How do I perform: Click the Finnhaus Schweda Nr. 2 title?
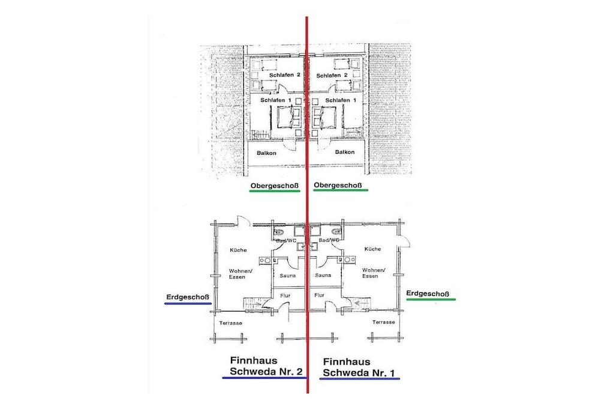pyautogui.click(x=266, y=366)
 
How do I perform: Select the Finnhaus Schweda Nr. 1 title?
pyautogui.click(x=359, y=367)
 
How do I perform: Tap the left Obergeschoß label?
pyautogui.click(x=275, y=186)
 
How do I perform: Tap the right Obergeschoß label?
pyautogui.click(x=338, y=185)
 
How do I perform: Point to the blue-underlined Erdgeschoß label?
pyautogui.click(x=188, y=298)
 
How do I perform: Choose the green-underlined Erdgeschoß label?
pyautogui.click(x=428, y=294)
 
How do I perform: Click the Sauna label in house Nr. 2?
pyautogui.click(x=288, y=276)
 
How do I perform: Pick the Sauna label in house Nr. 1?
pyautogui.click(x=323, y=275)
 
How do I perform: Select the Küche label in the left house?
pyautogui.click(x=239, y=250)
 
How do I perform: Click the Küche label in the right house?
pyautogui.click(x=372, y=249)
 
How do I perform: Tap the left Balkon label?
pyautogui.click(x=266, y=153)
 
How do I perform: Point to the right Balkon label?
pyautogui.click(x=345, y=152)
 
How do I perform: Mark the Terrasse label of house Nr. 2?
pyautogui.click(x=231, y=323)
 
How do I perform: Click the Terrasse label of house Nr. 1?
pyautogui.click(x=384, y=322)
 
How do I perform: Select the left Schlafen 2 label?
pyautogui.click(x=285, y=75)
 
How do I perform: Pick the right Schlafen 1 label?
pyautogui.click(x=341, y=100)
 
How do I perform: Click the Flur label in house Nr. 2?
pyautogui.click(x=285, y=295)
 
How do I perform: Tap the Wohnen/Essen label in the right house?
pyautogui.click(x=374, y=273)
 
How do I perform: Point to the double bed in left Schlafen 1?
pyautogui.click(x=289, y=117)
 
